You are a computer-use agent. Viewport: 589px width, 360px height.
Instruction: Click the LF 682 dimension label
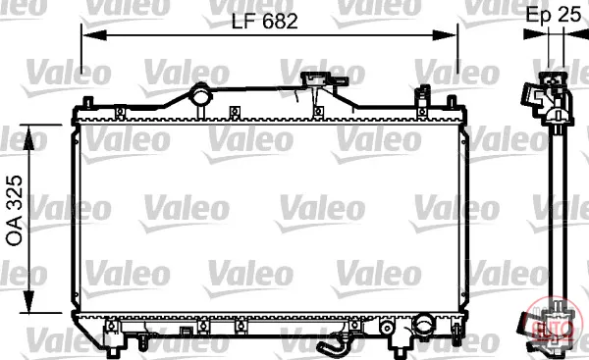(264, 21)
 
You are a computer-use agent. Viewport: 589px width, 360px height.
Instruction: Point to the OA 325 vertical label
(15, 211)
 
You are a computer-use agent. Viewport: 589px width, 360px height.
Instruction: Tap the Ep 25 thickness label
(553, 15)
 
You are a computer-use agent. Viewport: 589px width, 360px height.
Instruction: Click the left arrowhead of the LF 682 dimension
(94, 35)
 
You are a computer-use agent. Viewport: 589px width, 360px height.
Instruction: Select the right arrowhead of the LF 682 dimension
(445, 35)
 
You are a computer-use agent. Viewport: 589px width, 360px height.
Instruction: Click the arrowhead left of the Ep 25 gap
(536, 34)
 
